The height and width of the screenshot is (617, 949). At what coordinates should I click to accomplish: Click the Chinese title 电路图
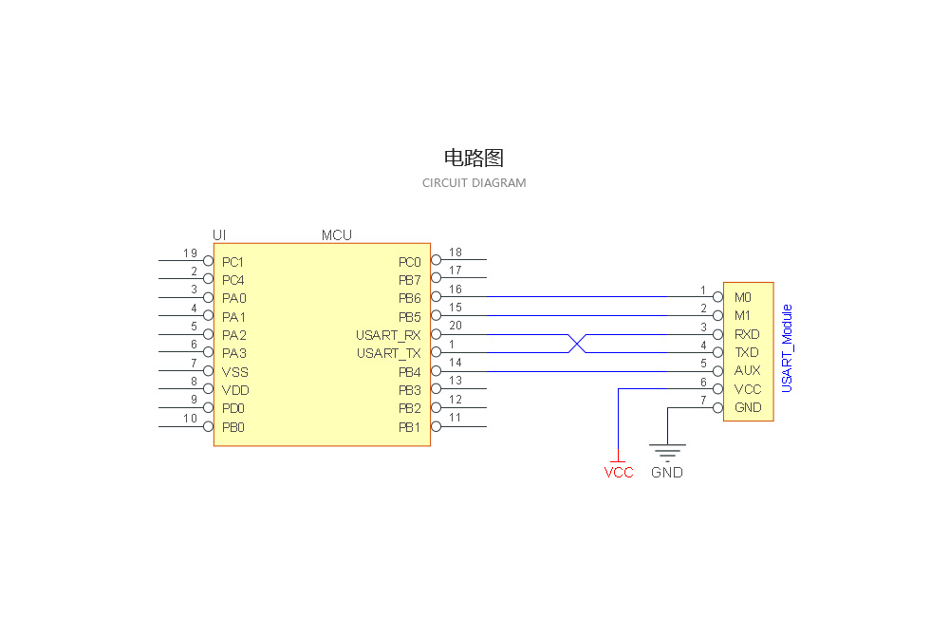coord(474,158)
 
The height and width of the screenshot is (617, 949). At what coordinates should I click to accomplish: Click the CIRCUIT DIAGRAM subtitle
coord(474,182)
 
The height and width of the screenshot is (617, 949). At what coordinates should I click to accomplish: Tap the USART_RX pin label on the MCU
coord(388,335)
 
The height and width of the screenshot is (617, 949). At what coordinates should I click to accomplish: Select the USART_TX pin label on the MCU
coord(388,353)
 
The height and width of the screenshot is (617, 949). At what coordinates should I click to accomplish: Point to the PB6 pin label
coord(409,298)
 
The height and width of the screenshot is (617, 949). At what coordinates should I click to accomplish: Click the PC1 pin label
coord(233,262)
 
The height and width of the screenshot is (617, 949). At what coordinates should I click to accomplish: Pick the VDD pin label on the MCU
coord(235,390)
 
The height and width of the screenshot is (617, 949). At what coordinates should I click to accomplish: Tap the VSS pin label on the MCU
coord(235,372)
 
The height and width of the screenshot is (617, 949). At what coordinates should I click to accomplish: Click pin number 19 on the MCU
coord(190,253)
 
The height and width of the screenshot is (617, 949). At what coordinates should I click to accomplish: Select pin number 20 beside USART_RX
coord(456,327)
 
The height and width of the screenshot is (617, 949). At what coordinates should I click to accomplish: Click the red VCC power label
coord(619,473)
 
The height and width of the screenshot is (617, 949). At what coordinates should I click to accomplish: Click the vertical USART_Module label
coord(787,348)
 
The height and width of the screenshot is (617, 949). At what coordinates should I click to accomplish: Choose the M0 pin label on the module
coord(743,297)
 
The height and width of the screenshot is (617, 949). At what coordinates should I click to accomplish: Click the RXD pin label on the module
coord(747,334)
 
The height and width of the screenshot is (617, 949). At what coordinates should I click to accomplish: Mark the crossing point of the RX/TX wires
coord(577,344)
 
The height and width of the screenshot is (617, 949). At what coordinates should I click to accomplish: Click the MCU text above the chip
coord(336,235)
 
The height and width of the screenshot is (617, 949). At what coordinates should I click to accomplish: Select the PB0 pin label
coord(233,427)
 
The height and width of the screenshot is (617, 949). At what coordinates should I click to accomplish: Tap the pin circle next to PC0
coord(436,259)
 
